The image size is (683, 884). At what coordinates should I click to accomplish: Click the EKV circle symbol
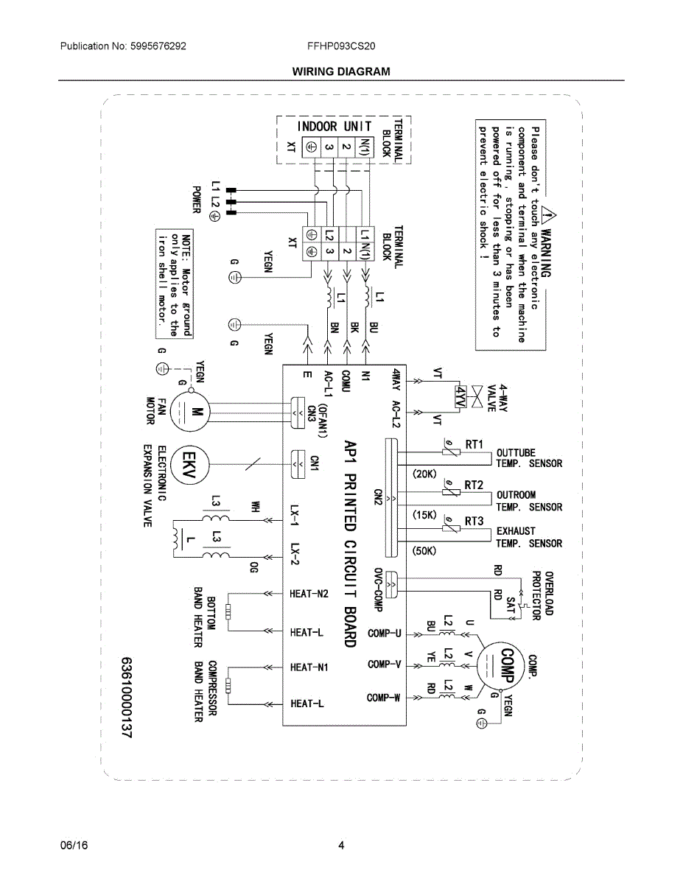pyautogui.click(x=189, y=465)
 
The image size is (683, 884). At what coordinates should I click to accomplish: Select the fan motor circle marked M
pyautogui.click(x=189, y=411)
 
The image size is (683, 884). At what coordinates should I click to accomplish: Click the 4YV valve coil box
pyautogui.click(x=460, y=396)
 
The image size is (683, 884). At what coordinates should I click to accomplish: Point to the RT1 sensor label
pyautogui.click(x=474, y=444)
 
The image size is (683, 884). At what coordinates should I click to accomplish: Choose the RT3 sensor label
pyautogui.click(x=474, y=521)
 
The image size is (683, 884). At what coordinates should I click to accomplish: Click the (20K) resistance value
pyautogui.click(x=424, y=474)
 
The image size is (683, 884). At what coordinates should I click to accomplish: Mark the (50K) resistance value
pyautogui.click(x=424, y=551)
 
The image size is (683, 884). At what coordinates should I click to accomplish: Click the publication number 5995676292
pyautogui.click(x=158, y=46)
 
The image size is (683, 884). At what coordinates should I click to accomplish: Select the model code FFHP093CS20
pyautogui.click(x=341, y=46)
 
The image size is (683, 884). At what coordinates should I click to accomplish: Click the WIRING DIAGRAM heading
pyautogui.click(x=341, y=71)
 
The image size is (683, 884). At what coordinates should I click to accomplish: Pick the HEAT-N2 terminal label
pyautogui.click(x=309, y=594)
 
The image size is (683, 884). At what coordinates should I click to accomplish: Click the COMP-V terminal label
pyautogui.click(x=385, y=664)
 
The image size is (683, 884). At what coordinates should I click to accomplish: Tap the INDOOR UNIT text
pyautogui.click(x=334, y=127)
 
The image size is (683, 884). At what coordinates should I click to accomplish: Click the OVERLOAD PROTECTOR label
pyautogui.click(x=543, y=595)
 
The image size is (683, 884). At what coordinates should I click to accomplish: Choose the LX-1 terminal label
pyautogui.click(x=295, y=516)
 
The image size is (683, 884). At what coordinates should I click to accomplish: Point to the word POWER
pyautogui.click(x=197, y=200)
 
